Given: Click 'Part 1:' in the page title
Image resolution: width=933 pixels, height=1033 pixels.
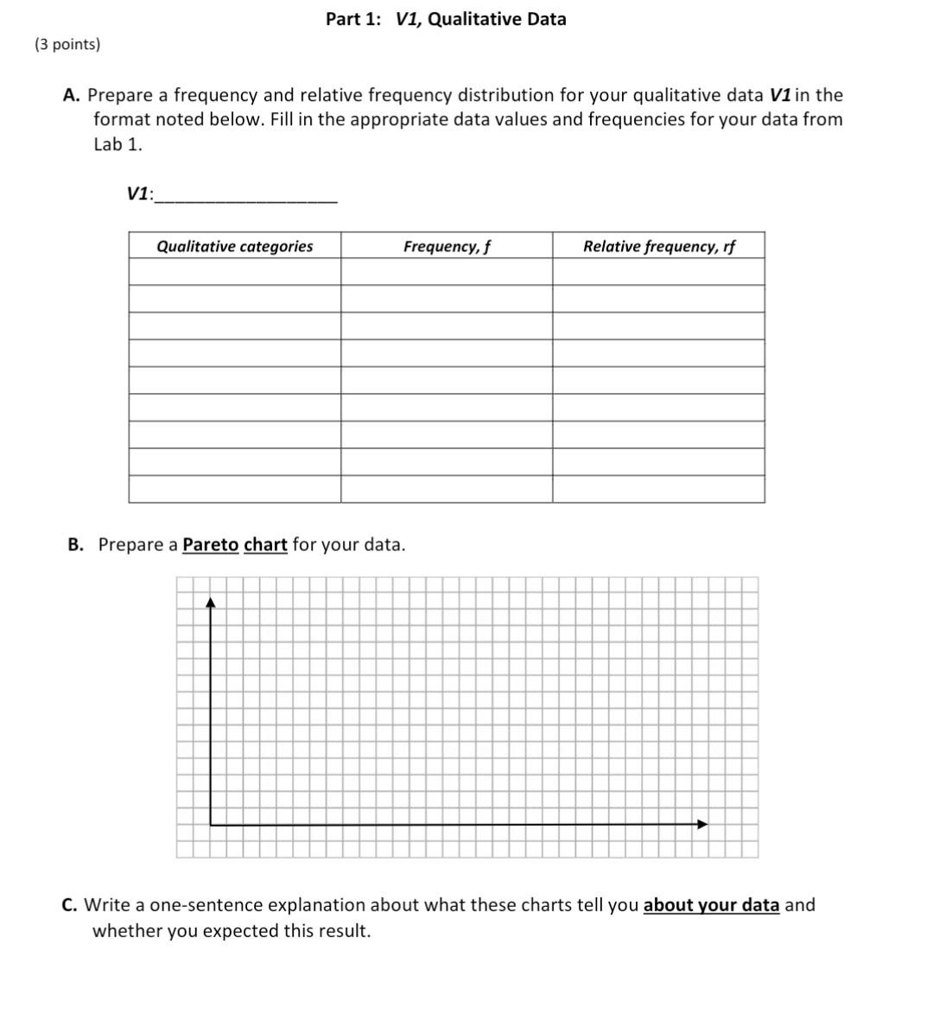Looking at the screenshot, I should [x=352, y=19].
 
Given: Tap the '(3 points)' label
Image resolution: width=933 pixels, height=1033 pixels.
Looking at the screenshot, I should [x=67, y=44].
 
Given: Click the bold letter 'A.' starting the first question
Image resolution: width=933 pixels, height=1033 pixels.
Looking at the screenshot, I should [x=72, y=95].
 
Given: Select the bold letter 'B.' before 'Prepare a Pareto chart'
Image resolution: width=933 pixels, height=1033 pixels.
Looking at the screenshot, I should [x=76, y=545].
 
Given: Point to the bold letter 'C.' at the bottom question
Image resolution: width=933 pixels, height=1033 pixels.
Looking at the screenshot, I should [x=70, y=905].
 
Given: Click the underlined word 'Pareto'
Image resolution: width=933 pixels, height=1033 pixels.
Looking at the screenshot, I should [x=210, y=545].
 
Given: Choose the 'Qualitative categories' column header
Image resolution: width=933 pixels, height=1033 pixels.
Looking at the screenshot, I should [x=234, y=246].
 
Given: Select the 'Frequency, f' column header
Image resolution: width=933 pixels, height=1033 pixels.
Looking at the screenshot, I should [x=447, y=246].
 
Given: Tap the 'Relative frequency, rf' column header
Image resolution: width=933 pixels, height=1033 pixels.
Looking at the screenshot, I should [x=658, y=246].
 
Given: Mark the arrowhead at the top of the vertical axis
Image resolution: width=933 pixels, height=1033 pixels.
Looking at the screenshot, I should [x=210, y=602].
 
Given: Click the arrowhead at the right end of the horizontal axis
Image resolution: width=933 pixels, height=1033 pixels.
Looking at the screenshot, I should [x=702, y=824].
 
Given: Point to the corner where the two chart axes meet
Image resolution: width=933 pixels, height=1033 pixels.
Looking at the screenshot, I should [x=211, y=825].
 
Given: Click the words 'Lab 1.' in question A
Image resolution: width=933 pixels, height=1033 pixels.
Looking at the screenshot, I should [x=117, y=144].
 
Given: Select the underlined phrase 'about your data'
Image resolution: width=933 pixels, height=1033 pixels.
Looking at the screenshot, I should [x=711, y=905].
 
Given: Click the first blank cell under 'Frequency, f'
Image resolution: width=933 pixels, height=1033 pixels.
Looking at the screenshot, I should [x=447, y=272].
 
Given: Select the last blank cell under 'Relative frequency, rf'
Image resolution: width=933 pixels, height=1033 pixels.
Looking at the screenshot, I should [x=658, y=489].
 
